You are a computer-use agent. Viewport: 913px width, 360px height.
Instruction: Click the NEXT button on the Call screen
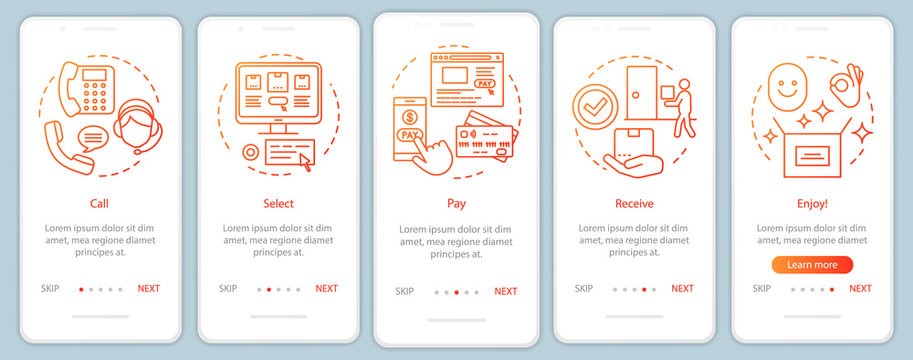pyautogui.click(x=148, y=288)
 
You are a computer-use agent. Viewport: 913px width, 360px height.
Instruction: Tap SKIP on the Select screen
pyautogui.click(x=228, y=288)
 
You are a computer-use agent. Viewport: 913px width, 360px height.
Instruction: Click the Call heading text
pyautogui.click(x=99, y=203)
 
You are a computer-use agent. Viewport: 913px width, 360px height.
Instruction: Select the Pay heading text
pyautogui.click(x=456, y=203)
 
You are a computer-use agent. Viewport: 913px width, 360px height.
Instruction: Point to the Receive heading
pyautogui.click(x=634, y=203)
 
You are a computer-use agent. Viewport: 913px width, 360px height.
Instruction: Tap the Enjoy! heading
pyautogui.click(x=812, y=203)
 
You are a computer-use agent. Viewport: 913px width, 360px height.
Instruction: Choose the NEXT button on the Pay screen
pyautogui.click(x=506, y=292)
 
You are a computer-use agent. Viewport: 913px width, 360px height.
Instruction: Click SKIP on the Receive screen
pyautogui.click(x=584, y=288)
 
